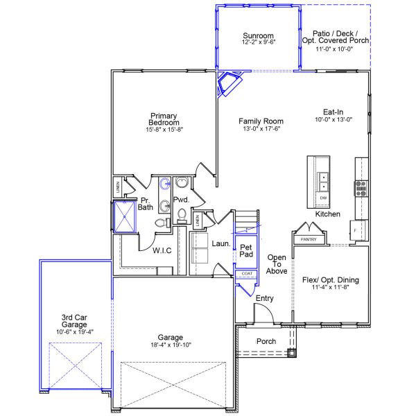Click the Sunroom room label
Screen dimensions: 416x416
[x=258, y=35]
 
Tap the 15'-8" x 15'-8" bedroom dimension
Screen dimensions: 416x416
[x=164, y=130]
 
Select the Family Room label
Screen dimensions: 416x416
[x=261, y=121]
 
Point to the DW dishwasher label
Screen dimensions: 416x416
[x=323, y=198]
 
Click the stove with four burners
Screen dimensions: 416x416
[x=361, y=189]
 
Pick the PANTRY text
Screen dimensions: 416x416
[x=309, y=239]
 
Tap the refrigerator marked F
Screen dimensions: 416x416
[x=358, y=230]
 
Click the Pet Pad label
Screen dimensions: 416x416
[x=246, y=251]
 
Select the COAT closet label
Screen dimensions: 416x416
[x=247, y=274]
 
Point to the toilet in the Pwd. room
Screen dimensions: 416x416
[x=182, y=216]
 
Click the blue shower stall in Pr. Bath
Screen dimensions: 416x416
[x=125, y=216]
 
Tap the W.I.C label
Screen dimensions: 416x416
[x=162, y=250]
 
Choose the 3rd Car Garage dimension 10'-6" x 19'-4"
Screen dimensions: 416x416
[x=75, y=332]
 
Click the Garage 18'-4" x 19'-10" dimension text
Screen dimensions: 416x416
[x=171, y=345]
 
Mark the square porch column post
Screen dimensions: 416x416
[x=291, y=353]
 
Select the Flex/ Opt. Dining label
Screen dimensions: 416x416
[x=331, y=280]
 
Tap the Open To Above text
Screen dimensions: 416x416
[x=277, y=264]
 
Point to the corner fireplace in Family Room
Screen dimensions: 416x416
[x=229, y=83]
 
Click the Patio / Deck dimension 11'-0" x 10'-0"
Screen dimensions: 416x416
[x=334, y=49]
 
